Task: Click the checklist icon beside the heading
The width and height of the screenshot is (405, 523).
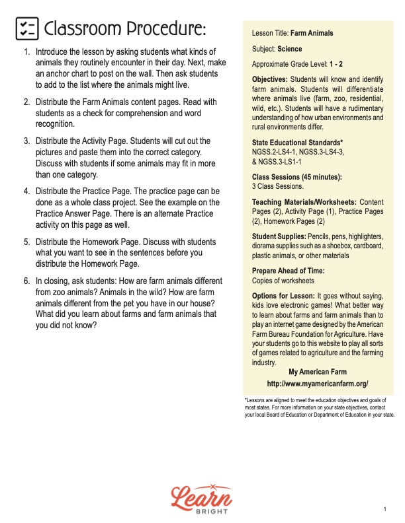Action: click(x=26, y=29)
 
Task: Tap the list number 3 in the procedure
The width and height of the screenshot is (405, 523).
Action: click(x=26, y=141)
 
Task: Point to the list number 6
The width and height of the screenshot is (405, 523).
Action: click(x=26, y=281)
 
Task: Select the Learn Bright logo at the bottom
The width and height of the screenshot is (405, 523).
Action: click(x=202, y=496)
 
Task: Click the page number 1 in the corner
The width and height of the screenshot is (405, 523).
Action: click(x=384, y=509)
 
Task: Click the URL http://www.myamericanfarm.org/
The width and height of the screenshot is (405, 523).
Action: click(x=318, y=384)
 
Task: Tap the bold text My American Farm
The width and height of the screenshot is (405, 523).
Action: click(x=318, y=372)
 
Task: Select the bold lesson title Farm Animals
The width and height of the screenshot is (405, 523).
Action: click(x=312, y=33)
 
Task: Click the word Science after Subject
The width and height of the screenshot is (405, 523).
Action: click(x=289, y=49)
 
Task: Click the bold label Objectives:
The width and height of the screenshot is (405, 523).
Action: click(x=272, y=80)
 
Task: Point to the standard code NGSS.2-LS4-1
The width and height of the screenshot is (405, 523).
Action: click(x=274, y=152)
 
